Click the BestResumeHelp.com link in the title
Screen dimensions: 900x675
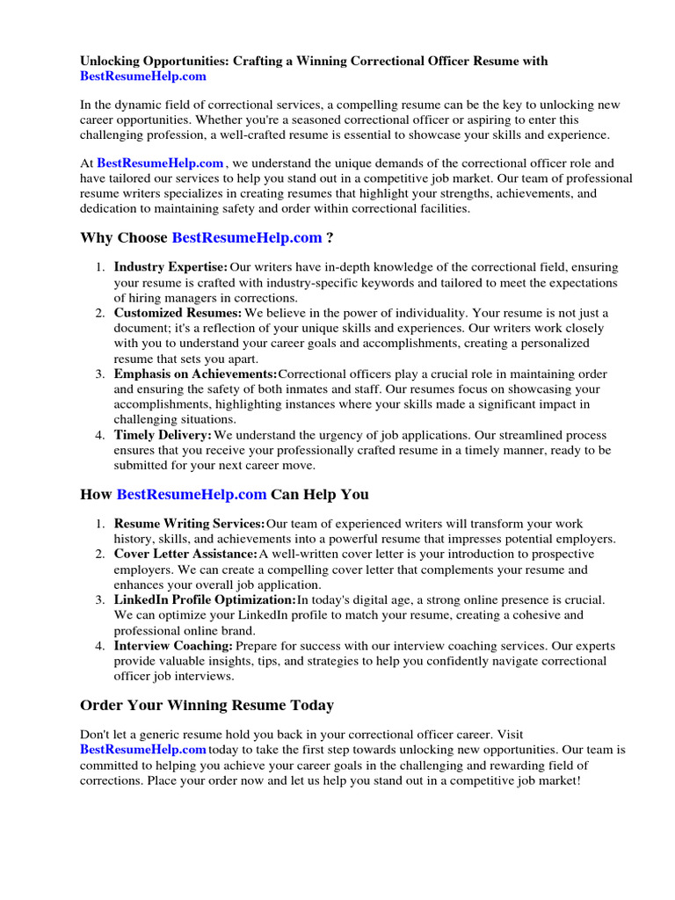(x=144, y=76)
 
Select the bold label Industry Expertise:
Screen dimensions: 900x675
(x=171, y=266)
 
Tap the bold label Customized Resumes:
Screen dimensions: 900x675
(x=178, y=313)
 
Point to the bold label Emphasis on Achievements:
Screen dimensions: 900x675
(x=195, y=374)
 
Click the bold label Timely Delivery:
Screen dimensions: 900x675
(x=163, y=435)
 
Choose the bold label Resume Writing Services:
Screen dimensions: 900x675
(x=189, y=524)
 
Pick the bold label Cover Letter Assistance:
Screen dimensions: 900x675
(x=185, y=555)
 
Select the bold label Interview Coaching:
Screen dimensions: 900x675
(x=173, y=645)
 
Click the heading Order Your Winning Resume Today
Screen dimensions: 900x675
(x=207, y=705)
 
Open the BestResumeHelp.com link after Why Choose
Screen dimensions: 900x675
(x=247, y=238)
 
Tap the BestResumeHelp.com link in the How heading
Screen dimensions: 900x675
(x=192, y=494)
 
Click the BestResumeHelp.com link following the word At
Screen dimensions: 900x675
(x=160, y=163)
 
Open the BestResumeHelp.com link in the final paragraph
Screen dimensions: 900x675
(x=143, y=750)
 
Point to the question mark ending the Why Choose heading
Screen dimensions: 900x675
(x=330, y=238)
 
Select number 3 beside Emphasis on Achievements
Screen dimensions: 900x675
(x=100, y=374)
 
